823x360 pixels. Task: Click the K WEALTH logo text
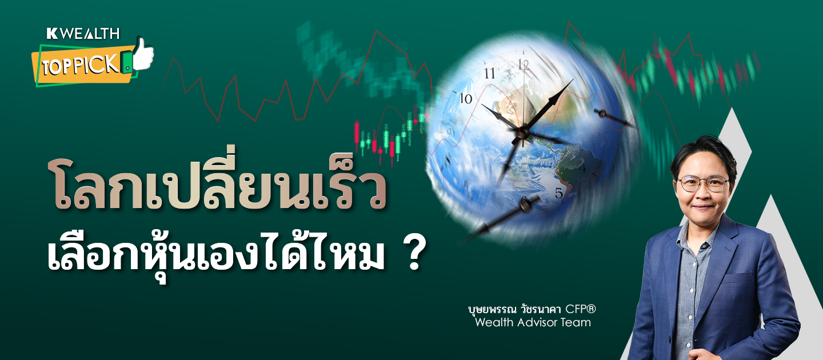83,34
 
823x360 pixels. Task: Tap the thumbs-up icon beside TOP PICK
143,54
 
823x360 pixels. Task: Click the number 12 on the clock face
524,65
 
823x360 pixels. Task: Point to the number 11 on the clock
489,74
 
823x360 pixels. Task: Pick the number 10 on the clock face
466,98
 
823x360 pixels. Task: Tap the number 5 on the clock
559,193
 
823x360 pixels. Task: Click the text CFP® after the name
581,309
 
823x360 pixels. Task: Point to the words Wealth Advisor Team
533,322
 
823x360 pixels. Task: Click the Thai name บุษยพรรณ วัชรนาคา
514,309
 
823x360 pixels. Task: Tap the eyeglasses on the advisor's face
702,183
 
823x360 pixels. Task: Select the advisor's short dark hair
704,154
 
